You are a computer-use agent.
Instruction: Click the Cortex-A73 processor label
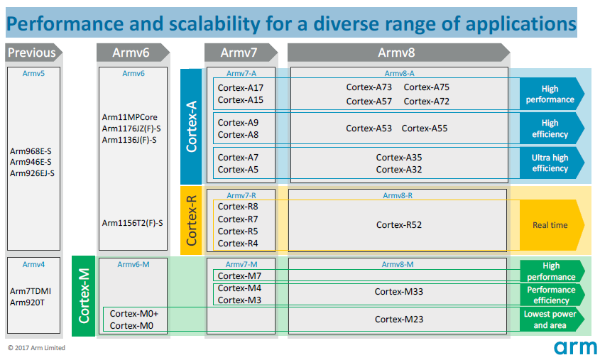(369, 87)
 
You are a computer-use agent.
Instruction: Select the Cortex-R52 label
(399, 225)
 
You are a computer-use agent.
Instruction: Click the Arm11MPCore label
(129, 116)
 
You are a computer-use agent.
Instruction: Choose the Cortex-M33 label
(399, 291)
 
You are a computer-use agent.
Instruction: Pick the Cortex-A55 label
(425, 129)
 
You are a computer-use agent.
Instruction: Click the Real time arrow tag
(551, 225)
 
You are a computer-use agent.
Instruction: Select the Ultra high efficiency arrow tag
(551, 163)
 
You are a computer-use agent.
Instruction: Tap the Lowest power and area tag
(551, 320)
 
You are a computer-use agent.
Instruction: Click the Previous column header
(32, 53)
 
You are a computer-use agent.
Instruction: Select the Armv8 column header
(397, 53)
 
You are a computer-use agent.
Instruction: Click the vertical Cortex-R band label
(192, 220)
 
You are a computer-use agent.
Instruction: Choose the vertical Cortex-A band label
(192, 126)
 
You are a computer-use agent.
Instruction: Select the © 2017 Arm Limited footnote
(36, 348)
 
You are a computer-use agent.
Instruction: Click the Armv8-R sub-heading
(398, 195)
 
